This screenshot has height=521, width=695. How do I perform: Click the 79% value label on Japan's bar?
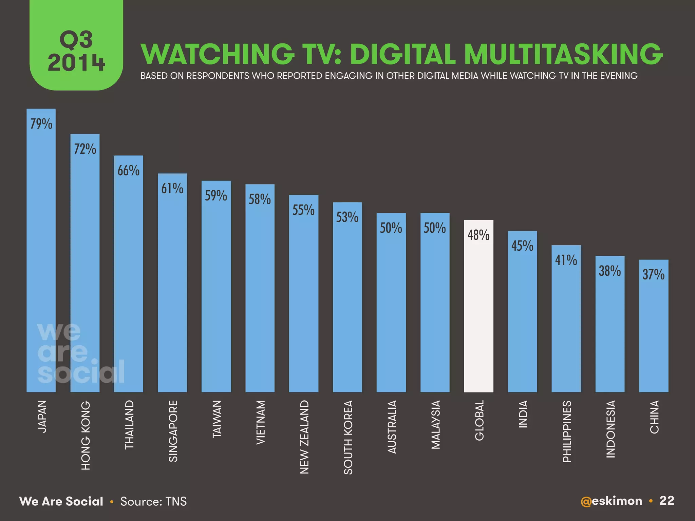point(41,124)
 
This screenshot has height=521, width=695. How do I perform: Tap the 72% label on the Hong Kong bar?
point(85,149)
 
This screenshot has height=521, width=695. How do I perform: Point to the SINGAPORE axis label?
point(173,431)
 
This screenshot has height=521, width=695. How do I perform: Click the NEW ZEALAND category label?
point(304,437)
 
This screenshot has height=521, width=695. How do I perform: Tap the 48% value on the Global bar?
point(478,235)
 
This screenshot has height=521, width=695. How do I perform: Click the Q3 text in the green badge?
point(76,40)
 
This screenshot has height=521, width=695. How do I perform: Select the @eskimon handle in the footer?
point(611,501)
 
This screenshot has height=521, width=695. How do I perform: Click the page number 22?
point(667,501)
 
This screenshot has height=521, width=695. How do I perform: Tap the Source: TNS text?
point(153,501)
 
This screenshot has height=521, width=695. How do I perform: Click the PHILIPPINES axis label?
point(566,431)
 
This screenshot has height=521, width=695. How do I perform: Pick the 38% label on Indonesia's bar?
point(609,271)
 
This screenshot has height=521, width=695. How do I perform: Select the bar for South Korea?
point(347,305)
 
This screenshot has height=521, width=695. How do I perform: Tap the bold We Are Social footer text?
point(61,501)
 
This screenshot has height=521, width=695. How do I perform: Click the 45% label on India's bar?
point(522,246)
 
